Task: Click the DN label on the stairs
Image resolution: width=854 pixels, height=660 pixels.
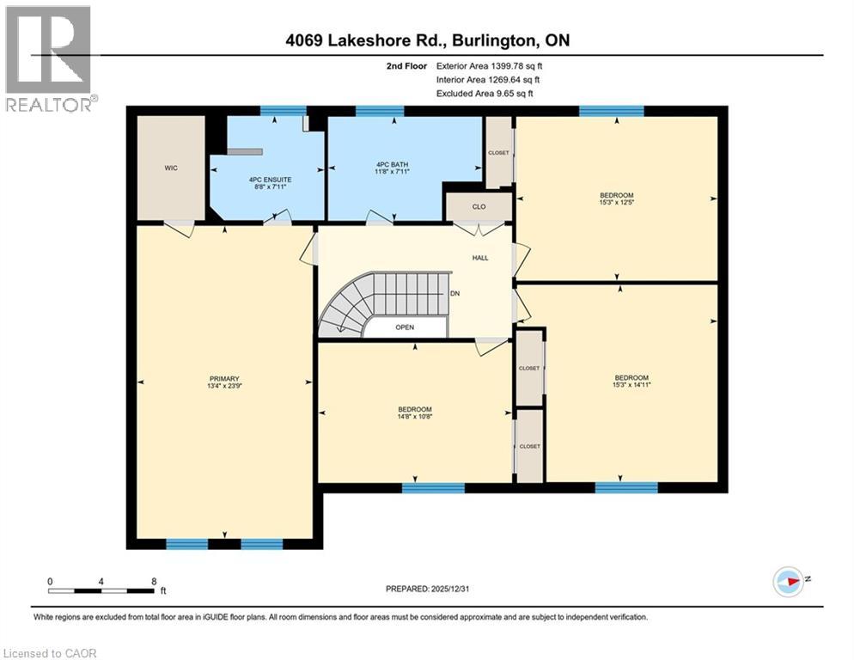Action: [x=455, y=293]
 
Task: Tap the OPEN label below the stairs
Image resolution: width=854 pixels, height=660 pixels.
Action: [x=405, y=327]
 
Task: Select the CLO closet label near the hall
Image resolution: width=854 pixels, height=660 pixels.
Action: [x=479, y=206]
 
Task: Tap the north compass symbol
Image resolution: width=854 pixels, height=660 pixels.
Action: [x=788, y=582]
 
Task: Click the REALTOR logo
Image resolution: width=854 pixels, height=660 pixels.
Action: [x=50, y=59]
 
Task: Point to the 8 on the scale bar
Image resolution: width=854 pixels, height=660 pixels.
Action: [x=153, y=581]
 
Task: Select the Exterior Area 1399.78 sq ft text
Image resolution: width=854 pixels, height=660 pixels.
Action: [x=489, y=65]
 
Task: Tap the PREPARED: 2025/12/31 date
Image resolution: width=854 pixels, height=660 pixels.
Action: [x=426, y=589]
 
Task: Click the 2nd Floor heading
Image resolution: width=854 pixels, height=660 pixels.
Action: [x=406, y=65]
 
